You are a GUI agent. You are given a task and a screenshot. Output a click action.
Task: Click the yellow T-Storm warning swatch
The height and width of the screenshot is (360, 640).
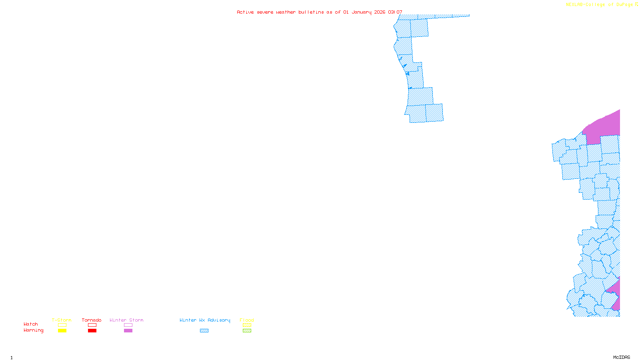coord(62,331)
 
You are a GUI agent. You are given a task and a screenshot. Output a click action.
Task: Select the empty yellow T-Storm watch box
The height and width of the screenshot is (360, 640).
coord(62,325)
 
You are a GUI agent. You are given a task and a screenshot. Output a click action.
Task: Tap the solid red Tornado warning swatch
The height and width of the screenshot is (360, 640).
coord(92,331)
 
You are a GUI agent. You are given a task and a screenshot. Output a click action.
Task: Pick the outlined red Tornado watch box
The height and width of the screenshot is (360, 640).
coord(92,325)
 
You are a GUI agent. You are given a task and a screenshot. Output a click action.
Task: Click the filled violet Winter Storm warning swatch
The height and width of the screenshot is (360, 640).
coord(128,331)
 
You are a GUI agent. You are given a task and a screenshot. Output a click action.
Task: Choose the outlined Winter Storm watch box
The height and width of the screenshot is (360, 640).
coord(128,325)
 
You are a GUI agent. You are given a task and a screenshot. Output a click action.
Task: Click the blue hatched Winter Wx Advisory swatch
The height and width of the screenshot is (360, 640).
coord(204,331)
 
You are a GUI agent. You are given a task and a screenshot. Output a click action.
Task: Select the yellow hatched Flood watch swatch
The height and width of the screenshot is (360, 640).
coord(247,325)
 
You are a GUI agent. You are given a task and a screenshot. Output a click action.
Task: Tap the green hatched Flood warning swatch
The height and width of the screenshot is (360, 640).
coord(247,331)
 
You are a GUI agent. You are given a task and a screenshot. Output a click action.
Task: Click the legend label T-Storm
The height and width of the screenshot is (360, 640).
coord(62,320)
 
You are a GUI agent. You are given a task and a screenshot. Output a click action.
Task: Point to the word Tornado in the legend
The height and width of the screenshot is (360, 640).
coord(92,320)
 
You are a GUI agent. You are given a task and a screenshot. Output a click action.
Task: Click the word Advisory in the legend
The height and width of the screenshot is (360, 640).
coord(219,320)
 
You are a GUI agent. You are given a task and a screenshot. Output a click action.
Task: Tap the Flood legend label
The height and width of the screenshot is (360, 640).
coord(247,320)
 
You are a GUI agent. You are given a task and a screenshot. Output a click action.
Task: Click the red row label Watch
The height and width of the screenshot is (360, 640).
coord(31,324)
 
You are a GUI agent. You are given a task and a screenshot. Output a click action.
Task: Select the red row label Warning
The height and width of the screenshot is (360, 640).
coord(34,330)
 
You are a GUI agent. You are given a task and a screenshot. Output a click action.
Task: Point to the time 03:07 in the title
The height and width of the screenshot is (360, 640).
coord(395,12)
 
